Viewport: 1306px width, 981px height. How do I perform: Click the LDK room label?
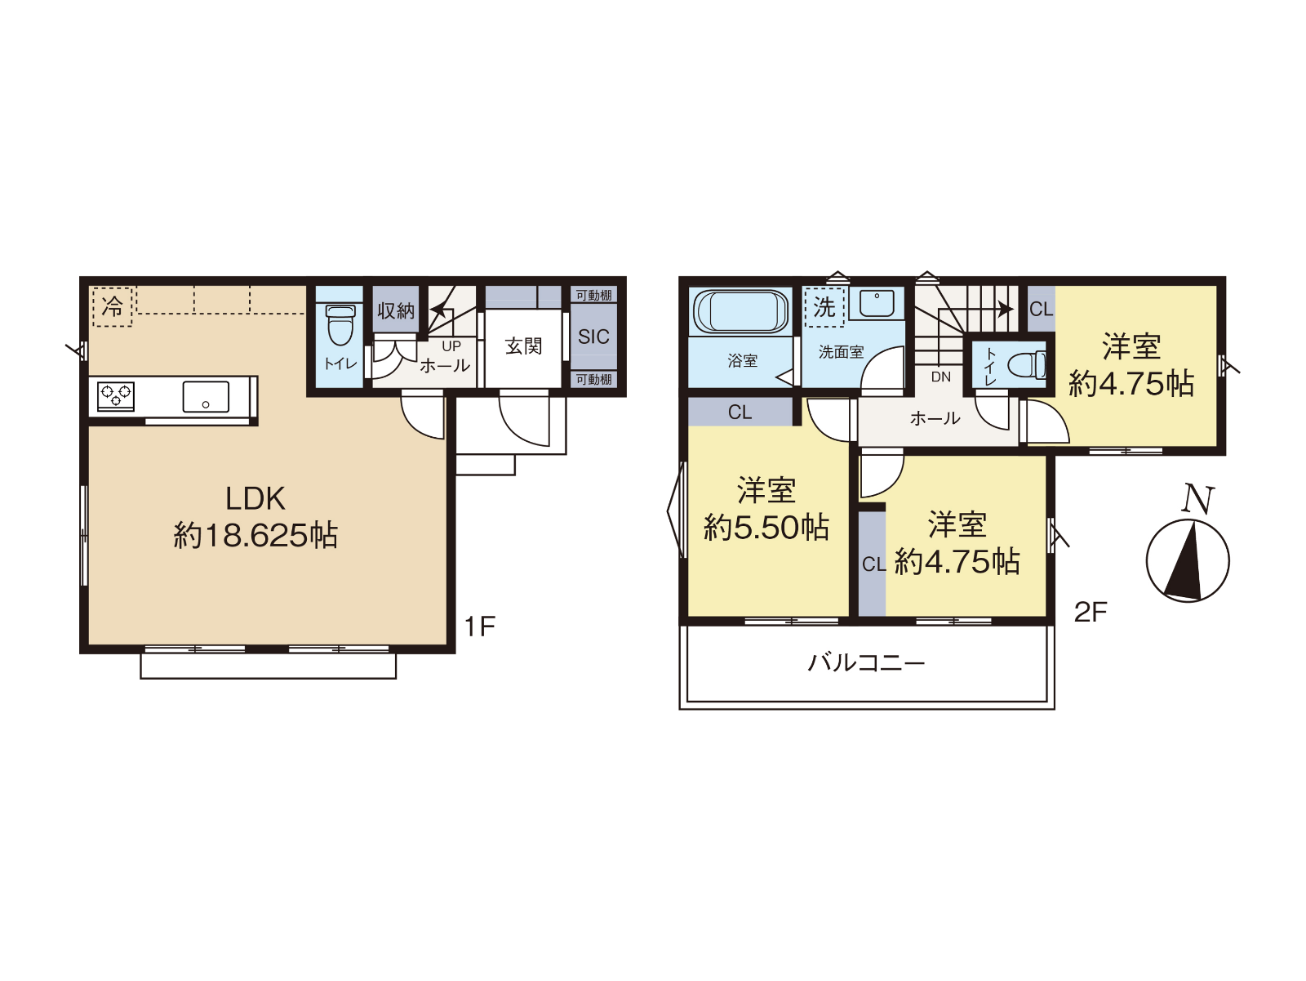255,499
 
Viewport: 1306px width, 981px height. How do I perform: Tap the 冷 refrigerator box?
113,306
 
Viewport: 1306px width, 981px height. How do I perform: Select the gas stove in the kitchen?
116,396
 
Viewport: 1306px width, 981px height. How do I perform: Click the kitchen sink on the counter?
206,396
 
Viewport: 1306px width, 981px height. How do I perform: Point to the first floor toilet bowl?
340,324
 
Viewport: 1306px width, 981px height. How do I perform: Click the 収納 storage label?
396,310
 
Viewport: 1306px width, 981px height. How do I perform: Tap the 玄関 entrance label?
523,346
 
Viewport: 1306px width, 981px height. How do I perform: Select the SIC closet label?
593,337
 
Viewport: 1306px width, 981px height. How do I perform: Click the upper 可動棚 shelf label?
593,295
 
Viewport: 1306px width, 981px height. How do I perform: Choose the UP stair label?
451,346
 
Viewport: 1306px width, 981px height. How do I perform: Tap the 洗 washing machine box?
824,307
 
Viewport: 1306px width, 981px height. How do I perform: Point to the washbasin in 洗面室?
877,304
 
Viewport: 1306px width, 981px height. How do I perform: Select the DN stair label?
940,377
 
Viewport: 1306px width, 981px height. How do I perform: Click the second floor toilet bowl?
1028,365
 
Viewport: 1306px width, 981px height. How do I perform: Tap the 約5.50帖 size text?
766,528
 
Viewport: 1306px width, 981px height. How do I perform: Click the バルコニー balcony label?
866,662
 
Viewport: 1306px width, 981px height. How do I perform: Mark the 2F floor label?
1090,612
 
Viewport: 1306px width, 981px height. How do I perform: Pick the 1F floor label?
479,627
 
